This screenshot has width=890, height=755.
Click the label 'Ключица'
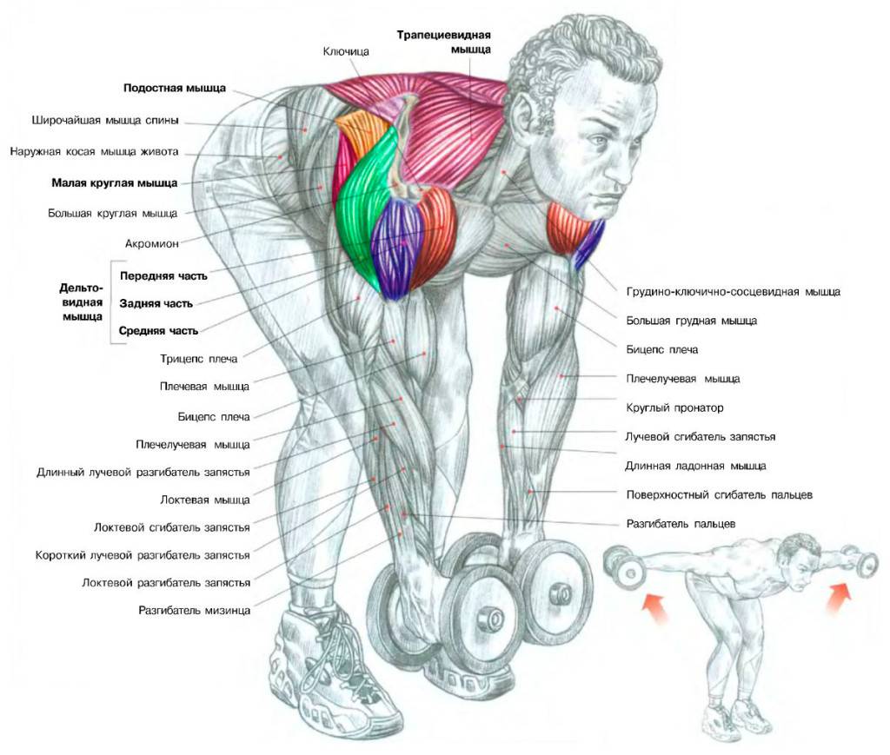pyautogui.click(x=346, y=51)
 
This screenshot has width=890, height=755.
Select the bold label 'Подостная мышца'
pyautogui.click(x=175, y=88)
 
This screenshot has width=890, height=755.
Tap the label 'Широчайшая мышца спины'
pyautogui.click(x=105, y=120)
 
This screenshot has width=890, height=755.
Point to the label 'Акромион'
pyautogui.click(x=151, y=244)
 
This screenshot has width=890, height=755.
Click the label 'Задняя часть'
pyautogui.click(x=156, y=303)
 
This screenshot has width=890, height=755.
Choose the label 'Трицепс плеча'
pyautogui.click(x=199, y=359)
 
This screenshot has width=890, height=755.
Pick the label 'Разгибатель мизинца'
pyautogui.click(x=194, y=611)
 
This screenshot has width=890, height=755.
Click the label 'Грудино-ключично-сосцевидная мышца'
pyautogui.click(x=734, y=292)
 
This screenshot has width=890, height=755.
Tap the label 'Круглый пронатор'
pyautogui.click(x=674, y=407)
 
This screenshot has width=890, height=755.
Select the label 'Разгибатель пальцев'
pyautogui.click(x=681, y=524)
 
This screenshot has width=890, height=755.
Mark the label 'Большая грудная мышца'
pyautogui.click(x=691, y=321)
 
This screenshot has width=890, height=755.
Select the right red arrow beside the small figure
pyautogui.click(x=839, y=597)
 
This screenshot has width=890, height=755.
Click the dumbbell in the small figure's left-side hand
pyautogui.click(x=625, y=566)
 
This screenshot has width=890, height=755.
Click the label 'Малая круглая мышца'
pyautogui.click(x=115, y=183)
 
